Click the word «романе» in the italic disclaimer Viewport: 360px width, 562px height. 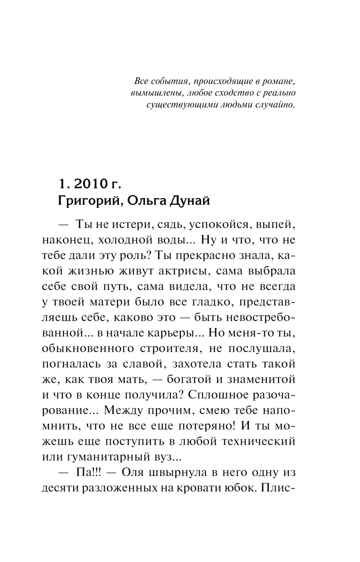pyautogui.click(x=278, y=81)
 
